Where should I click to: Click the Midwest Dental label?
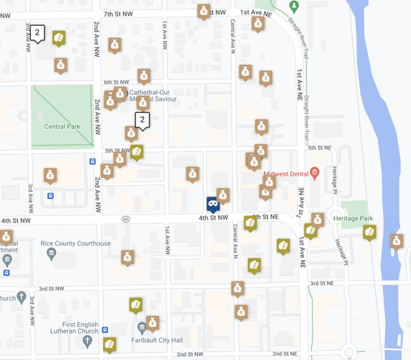[286, 174]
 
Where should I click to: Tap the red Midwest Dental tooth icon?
[315, 173]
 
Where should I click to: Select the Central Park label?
[62, 127]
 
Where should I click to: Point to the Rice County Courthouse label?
[76, 243]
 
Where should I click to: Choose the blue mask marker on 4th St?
[212, 204]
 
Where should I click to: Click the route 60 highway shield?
[126, 219]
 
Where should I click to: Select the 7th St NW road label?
[119, 14]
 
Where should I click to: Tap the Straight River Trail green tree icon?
[294, 6]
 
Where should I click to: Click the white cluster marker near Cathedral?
[143, 120]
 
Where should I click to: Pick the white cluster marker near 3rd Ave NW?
[37, 32]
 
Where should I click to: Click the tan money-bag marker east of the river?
[396, 241]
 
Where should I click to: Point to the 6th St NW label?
[115, 82]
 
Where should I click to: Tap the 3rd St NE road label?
[322, 284]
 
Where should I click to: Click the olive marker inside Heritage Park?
[369, 232]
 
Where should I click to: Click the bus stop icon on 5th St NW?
[92, 161]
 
